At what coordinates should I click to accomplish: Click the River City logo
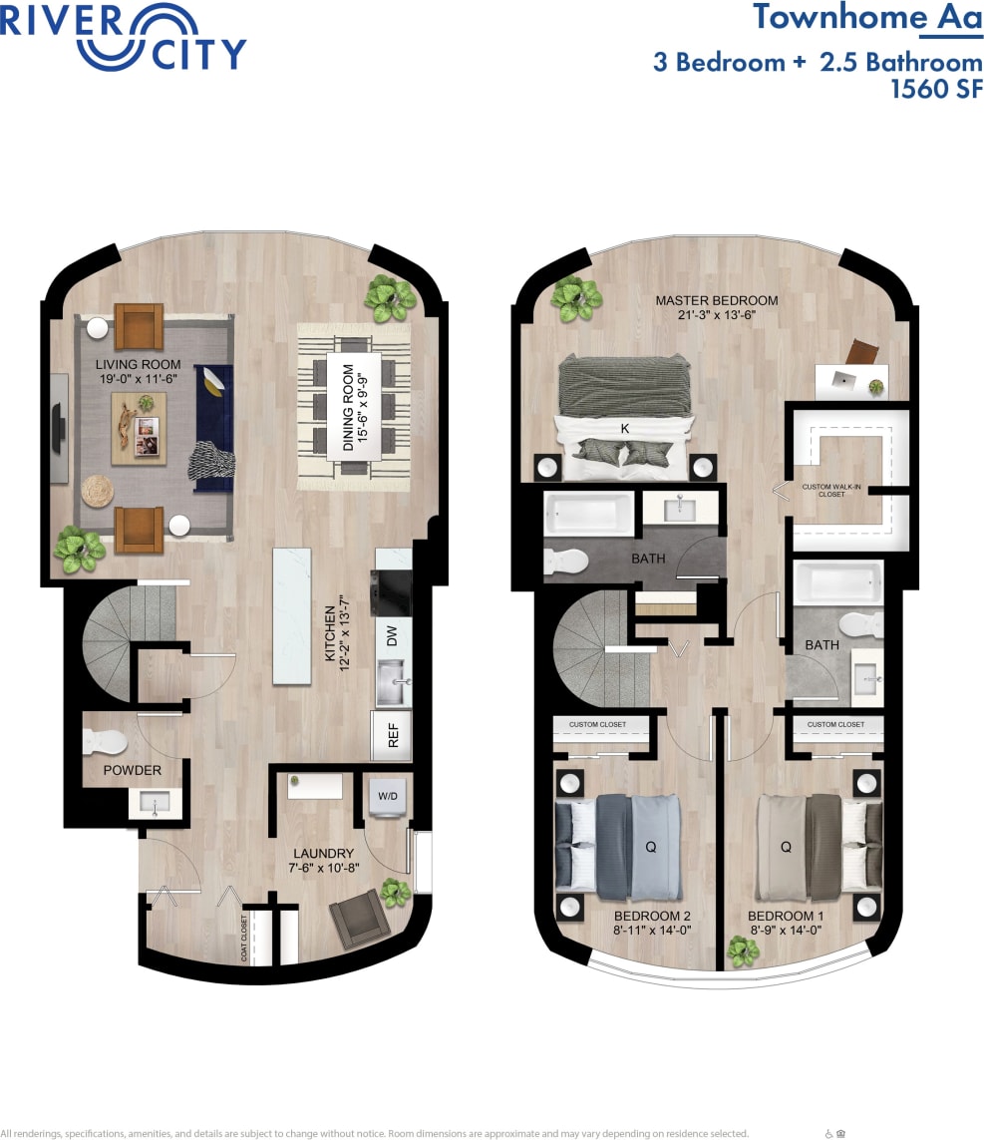tap(123, 37)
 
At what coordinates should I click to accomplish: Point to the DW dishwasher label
tap(392, 636)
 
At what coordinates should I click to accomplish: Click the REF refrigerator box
tap(393, 736)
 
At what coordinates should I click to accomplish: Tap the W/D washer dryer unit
tap(386, 796)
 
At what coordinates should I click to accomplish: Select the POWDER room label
tap(133, 770)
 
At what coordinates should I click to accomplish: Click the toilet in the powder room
tap(105, 740)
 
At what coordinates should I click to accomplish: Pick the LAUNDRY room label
tap(323, 853)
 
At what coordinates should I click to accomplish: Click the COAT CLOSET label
tap(243, 939)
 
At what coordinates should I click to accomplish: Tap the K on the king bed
tap(624, 427)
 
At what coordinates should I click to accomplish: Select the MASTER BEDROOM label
tap(716, 300)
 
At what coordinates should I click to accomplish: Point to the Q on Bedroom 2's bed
tap(650, 847)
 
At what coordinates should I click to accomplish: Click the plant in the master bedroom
tap(575, 296)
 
